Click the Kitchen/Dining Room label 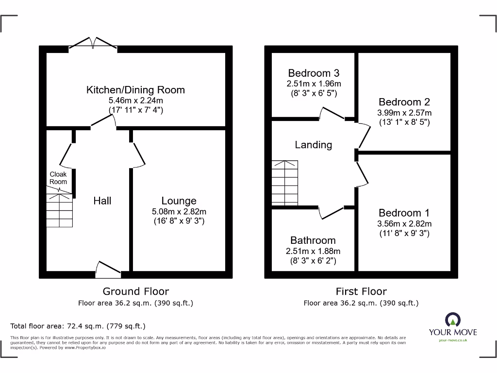[x=135, y=90]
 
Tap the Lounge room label [x=179, y=201]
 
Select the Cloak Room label [x=58, y=178]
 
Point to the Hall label [x=102, y=201]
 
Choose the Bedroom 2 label [x=404, y=102]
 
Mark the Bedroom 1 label [x=404, y=213]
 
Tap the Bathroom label [x=313, y=240]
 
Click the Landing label [x=314, y=145]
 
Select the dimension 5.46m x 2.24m [x=135, y=101]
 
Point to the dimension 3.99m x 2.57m [x=404, y=113]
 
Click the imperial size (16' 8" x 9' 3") [x=179, y=221]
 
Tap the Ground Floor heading [x=135, y=291]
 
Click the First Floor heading [x=361, y=291]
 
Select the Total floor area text [x=78, y=326]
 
